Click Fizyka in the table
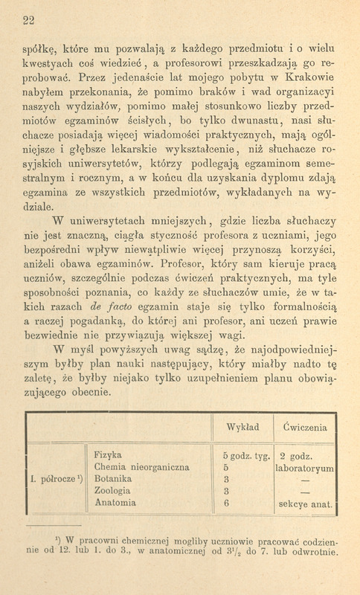(x=109, y=455)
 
